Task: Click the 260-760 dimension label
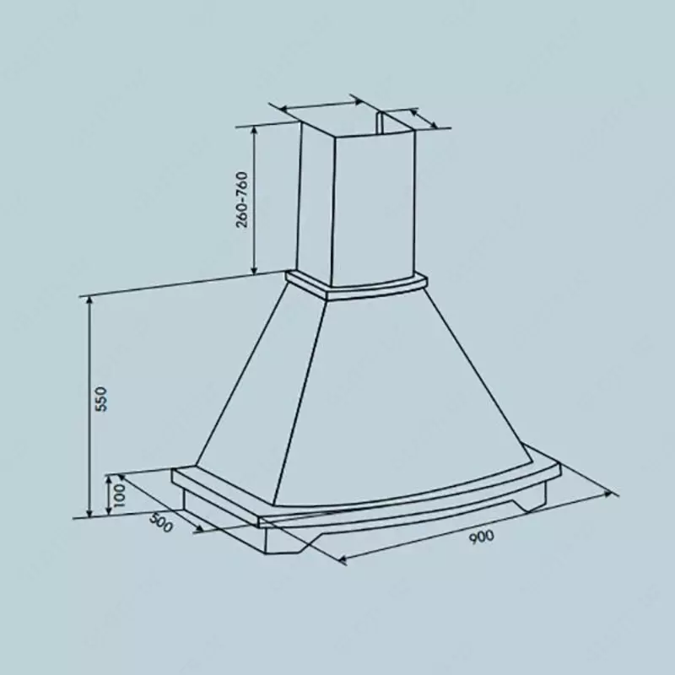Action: click(242, 199)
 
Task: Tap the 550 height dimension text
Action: click(100, 398)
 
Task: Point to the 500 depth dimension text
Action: click(160, 523)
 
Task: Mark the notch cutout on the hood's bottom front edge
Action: click(291, 548)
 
